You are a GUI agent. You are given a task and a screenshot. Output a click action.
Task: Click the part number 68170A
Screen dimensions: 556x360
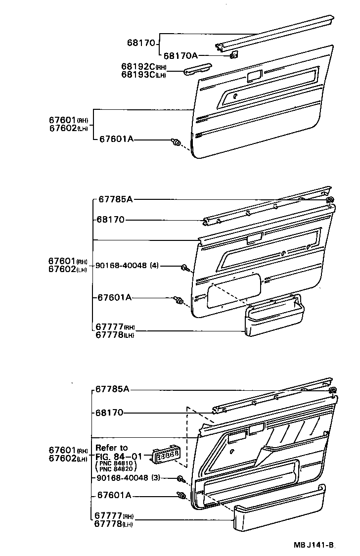pyautogui.click(x=181, y=56)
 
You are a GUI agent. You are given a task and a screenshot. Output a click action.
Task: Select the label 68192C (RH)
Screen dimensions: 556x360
pyautogui.click(x=144, y=67)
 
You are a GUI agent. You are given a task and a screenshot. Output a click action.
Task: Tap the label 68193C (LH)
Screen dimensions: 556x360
pyautogui.click(x=143, y=75)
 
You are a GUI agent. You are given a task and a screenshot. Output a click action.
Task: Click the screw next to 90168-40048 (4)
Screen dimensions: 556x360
pyautogui.click(x=185, y=268)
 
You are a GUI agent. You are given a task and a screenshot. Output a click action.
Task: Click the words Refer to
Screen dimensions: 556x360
pyautogui.click(x=111, y=448)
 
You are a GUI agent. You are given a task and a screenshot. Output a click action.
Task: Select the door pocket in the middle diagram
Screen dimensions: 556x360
pyautogui.click(x=273, y=321)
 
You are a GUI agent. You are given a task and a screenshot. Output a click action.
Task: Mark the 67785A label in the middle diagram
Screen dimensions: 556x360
pyautogui.click(x=115, y=199)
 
